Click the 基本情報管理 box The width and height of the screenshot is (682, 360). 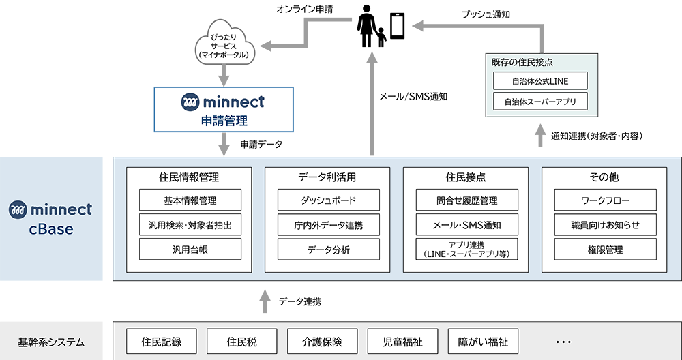coord(190,200)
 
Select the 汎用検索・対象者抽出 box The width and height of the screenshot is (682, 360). coord(190,225)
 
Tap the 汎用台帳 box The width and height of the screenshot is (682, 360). coord(190,250)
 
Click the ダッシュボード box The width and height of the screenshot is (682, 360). coord(328,200)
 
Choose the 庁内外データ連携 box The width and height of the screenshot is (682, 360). coord(328,225)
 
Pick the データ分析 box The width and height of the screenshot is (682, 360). coord(328,250)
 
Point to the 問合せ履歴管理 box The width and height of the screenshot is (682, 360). coord(466,200)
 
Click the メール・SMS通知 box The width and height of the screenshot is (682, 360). coord(466,225)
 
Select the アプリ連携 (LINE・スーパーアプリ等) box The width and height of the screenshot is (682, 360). coord(466,250)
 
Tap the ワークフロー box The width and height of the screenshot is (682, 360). coord(605,200)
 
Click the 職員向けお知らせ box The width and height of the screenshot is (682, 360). coord(605,225)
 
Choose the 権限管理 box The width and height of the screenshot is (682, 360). coord(605,250)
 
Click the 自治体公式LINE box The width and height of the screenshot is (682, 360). coord(540,81)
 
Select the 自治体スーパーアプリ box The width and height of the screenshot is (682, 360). coord(540,102)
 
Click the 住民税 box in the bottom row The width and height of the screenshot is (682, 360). coord(242,342)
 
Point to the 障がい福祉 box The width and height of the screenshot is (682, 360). coord(483,342)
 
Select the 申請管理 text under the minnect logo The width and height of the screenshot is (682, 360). coord(223,121)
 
